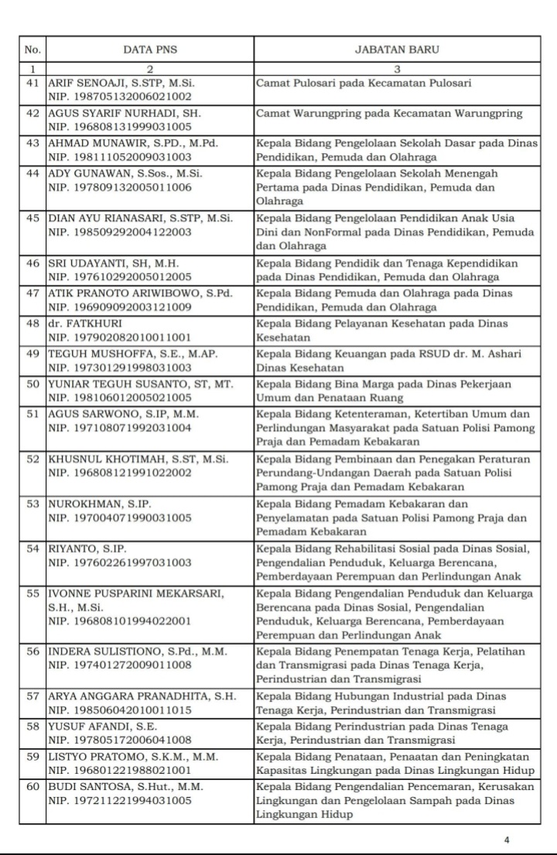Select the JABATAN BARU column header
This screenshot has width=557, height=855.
[397, 50]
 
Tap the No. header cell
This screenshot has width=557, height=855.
[32, 50]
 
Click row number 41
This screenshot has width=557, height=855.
[32, 83]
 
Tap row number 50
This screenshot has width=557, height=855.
[32, 384]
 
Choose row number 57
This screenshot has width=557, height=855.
[32, 696]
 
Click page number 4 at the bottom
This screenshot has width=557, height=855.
[507, 839]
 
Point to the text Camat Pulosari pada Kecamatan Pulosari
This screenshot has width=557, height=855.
[364, 83]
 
